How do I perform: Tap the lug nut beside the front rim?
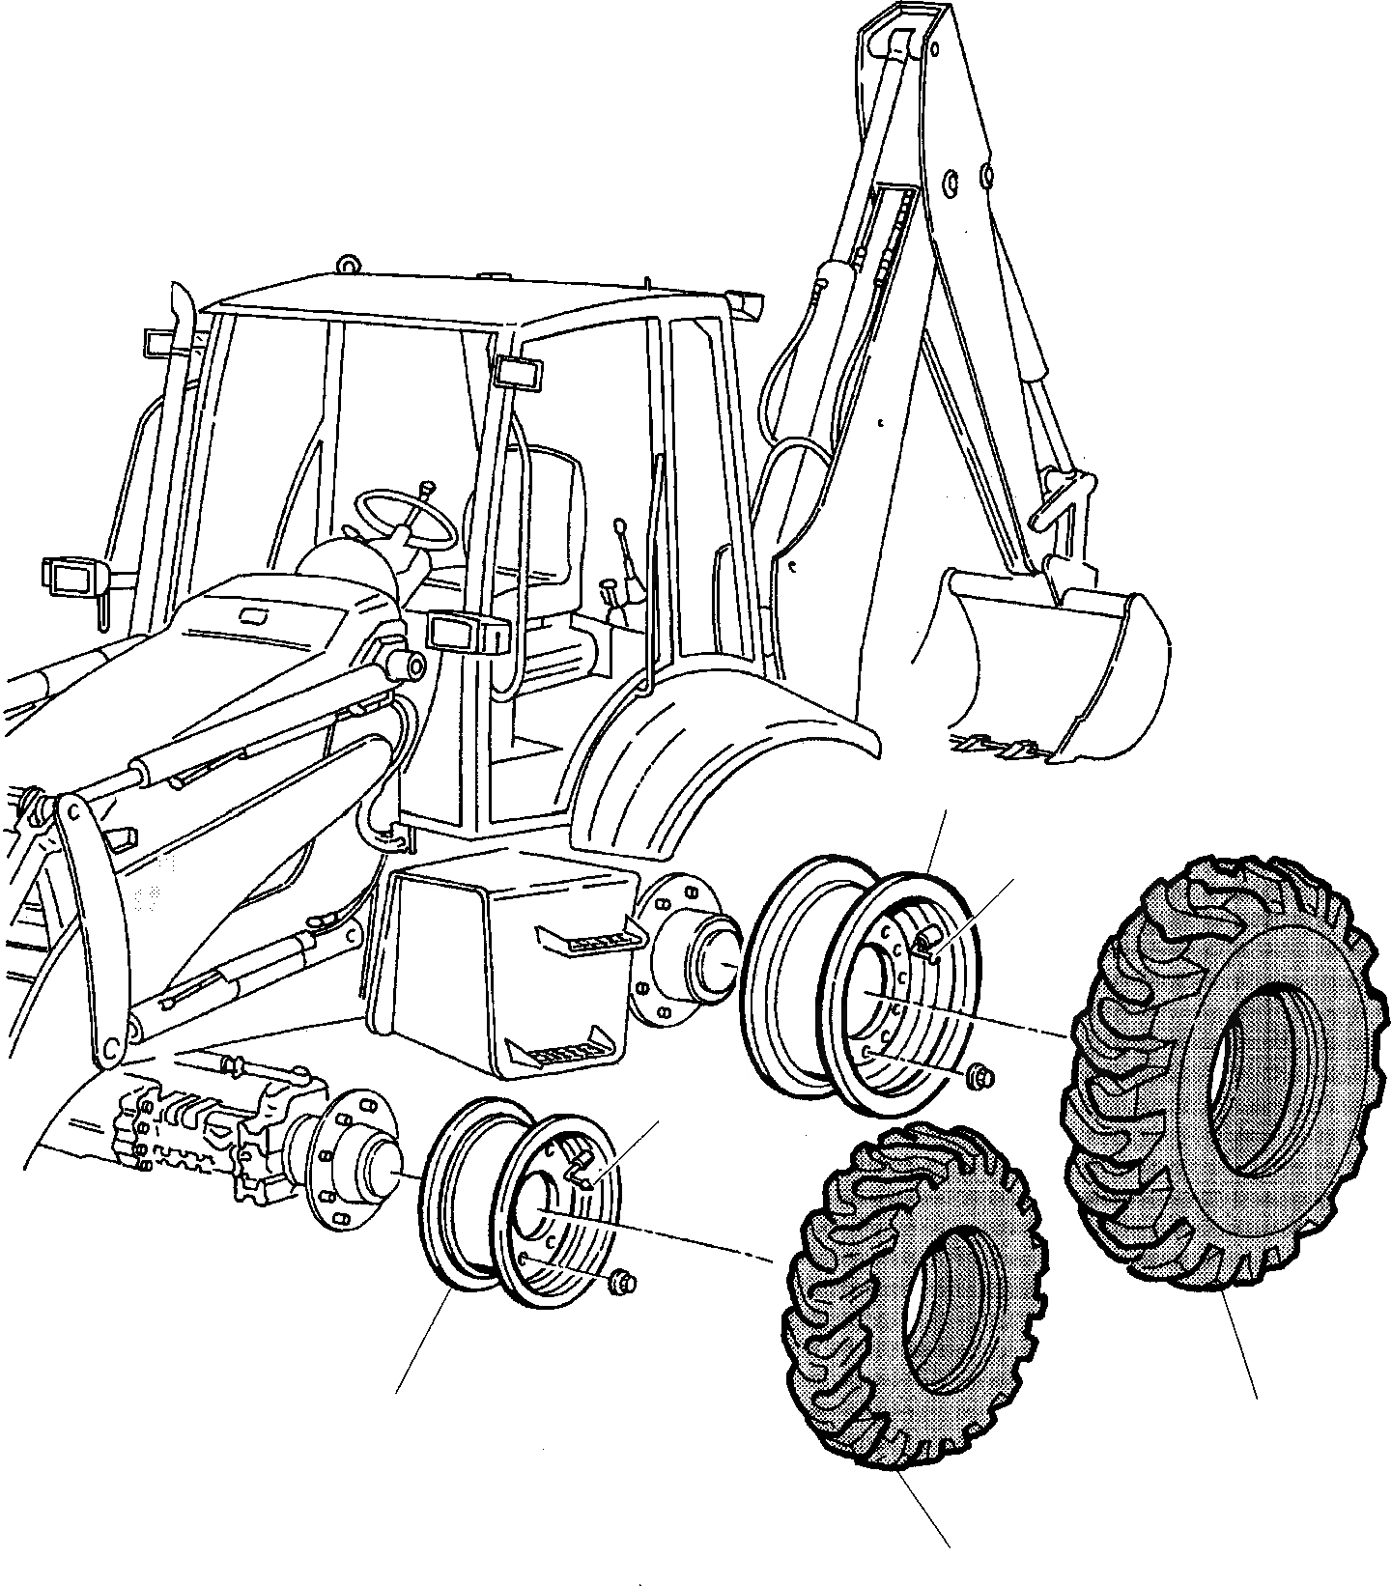(620, 1281)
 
